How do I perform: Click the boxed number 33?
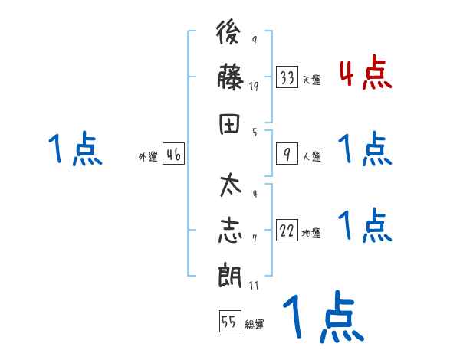[x=287, y=77]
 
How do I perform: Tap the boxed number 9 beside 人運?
[x=287, y=155]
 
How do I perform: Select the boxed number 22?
[x=287, y=231]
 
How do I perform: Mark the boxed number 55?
[x=229, y=322]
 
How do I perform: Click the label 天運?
[x=311, y=80]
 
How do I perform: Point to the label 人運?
[x=311, y=157]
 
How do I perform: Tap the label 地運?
[x=311, y=234]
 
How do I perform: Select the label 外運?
[x=148, y=157]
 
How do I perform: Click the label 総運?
[x=255, y=325]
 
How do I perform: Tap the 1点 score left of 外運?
[x=74, y=149]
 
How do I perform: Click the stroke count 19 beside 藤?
[x=254, y=87]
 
